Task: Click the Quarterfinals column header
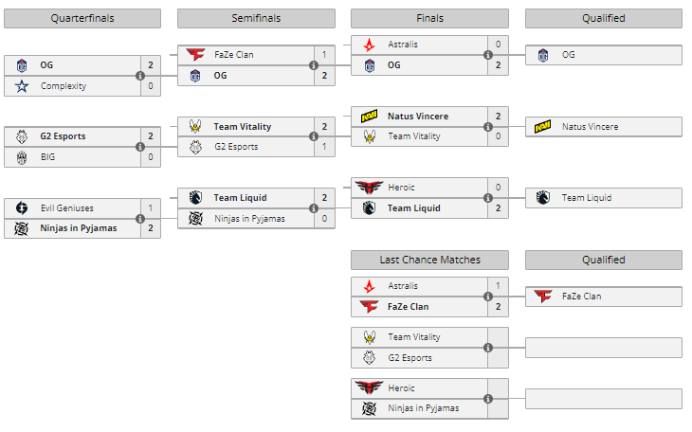82,18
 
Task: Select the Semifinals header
255,18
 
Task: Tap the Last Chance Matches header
429,260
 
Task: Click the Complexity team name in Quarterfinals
64,86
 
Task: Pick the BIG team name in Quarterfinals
49,157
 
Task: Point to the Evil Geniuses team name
67,207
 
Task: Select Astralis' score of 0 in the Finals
498,45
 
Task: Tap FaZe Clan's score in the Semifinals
324,55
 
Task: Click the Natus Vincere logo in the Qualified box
542,127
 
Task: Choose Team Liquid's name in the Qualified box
586,198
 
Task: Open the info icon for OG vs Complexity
140,76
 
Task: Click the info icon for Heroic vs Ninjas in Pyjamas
487,399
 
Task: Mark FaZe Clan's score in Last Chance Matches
498,307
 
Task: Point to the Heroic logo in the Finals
368,188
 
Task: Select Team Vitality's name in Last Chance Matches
413,337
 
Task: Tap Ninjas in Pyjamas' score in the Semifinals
324,219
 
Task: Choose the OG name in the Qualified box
569,55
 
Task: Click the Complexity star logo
21,86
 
